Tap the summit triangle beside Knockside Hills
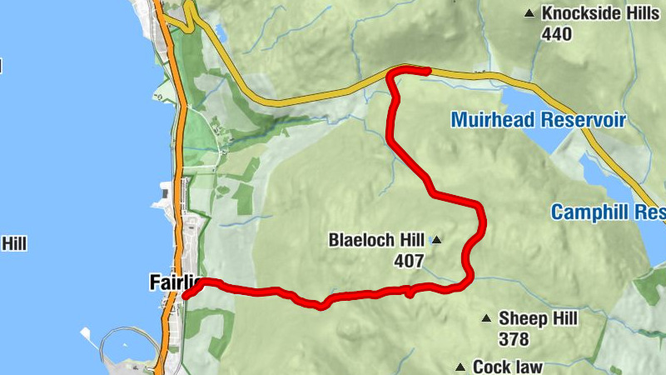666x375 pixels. point(529,13)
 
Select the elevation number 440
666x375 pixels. point(556,34)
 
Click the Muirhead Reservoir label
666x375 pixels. point(538,120)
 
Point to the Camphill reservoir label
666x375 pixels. point(608,212)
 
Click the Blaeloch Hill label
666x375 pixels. point(377,241)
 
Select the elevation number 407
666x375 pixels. point(410,261)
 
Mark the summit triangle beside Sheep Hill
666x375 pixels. point(486,318)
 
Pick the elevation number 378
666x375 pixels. point(514,338)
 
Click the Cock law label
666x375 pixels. point(508,367)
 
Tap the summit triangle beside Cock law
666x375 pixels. point(460,367)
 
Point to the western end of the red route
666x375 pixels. point(185,295)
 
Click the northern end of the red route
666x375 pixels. point(426,71)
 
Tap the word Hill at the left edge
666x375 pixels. point(13,243)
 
